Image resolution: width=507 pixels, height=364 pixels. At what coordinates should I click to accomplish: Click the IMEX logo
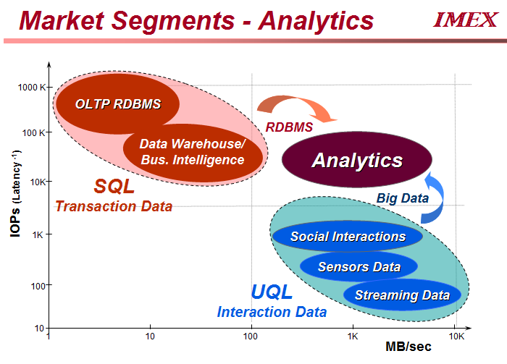pos(465,20)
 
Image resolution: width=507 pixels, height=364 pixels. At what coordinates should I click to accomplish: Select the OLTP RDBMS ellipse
pos(117,103)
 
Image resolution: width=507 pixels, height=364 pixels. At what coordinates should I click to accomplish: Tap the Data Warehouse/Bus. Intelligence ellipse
pos(193,153)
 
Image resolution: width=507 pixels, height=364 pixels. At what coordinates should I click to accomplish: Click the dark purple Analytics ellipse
pos(357,159)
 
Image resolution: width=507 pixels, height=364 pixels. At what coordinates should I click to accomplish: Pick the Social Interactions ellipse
pos(348,236)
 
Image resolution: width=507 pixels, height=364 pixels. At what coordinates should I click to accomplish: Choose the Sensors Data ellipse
pos(359,266)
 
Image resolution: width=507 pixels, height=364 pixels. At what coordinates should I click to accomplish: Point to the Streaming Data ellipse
pos(402,295)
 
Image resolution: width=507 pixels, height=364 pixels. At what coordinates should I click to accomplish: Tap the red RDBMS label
pos(289,127)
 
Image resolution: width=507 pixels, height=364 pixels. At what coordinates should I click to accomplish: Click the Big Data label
pos(403,198)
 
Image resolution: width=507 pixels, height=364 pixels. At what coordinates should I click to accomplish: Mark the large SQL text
pos(114,186)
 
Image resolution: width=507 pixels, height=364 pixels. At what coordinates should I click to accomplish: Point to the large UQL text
pos(272,292)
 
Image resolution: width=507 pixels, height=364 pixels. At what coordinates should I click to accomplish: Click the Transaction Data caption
pos(114,206)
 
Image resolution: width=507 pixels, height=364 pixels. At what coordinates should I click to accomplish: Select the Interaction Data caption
pos(272,312)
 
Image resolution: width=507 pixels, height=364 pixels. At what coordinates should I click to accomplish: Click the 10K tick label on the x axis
pos(456,337)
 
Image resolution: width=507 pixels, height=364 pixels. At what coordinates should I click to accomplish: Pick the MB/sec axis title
pos(408,347)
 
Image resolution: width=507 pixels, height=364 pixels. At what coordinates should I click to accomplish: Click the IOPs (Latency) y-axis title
pos(15,193)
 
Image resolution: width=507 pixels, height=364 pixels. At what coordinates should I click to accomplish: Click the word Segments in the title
pos(172,21)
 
